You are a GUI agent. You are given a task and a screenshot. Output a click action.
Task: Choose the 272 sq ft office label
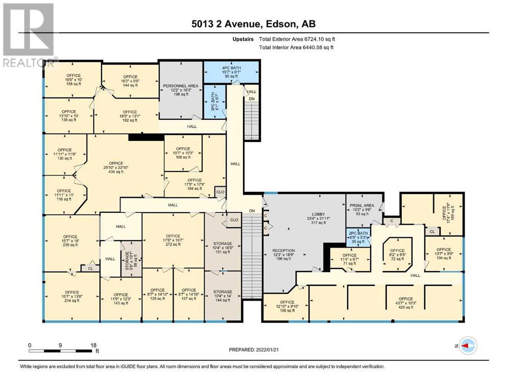point(173,240)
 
